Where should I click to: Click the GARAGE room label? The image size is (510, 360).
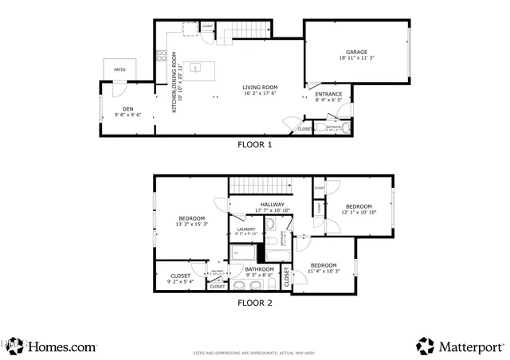click(x=355, y=52)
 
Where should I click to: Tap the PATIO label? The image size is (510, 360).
click(x=120, y=70)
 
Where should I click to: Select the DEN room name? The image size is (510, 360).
click(x=127, y=109)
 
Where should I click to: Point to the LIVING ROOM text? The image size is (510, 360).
click(x=259, y=87)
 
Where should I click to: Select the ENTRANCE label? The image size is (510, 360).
click(x=328, y=94)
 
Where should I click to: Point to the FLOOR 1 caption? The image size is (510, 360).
click(x=255, y=145)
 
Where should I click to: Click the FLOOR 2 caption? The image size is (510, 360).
click(x=255, y=303)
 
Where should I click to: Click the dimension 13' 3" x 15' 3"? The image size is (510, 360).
click(x=192, y=225)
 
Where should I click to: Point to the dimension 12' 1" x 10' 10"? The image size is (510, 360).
click(x=359, y=212)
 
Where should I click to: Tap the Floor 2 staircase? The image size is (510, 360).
click(x=259, y=185)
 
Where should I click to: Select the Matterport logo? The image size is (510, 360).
click(x=461, y=346)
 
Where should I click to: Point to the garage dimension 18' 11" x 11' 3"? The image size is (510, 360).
click(x=355, y=58)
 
